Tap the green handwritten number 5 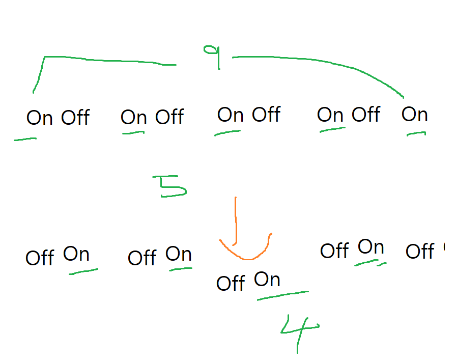pyautogui.click(x=173, y=187)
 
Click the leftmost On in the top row pyautogui.click(x=40, y=118)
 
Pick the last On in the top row pyautogui.click(x=414, y=115)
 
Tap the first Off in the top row pyautogui.click(x=75, y=118)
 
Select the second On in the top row pyautogui.click(x=134, y=117)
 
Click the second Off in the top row pyautogui.click(x=169, y=117)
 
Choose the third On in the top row pyautogui.click(x=231, y=115)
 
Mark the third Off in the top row pyautogui.click(x=266, y=115)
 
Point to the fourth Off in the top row pyautogui.click(x=366, y=115)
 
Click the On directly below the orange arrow pyautogui.click(x=267, y=279)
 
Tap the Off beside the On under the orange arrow pyautogui.click(x=231, y=283)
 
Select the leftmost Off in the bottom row pyautogui.click(x=40, y=258)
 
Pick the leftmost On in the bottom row pyautogui.click(x=76, y=254)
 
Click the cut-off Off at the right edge pyautogui.click(x=420, y=251)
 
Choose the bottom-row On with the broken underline pyautogui.click(x=371, y=247)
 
